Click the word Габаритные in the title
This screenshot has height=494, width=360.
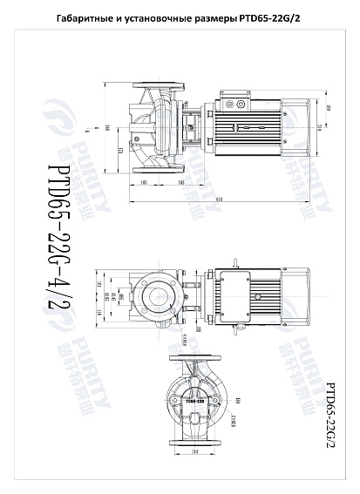point(83,19)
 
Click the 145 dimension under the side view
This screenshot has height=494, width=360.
point(143,184)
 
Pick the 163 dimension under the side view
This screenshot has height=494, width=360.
point(179,184)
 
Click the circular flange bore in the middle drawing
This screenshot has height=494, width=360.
point(158,296)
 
